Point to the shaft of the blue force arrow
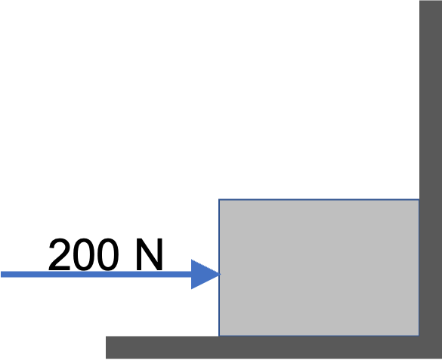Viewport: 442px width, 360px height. point(96,275)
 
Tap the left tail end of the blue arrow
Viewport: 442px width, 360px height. point(1,275)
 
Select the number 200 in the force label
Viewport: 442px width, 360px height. point(83,255)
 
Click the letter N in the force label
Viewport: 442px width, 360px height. point(150,255)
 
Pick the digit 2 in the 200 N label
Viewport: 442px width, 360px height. point(60,254)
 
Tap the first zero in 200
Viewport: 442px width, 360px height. point(83,255)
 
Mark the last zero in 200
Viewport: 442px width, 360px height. point(108,255)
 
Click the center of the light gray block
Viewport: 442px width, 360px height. point(319,268)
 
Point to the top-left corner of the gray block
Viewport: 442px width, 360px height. point(219,199)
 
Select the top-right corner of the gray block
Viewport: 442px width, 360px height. point(419,199)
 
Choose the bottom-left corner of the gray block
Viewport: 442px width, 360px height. point(219,336)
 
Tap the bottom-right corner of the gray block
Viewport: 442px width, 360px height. point(419,336)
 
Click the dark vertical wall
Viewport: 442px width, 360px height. point(431,169)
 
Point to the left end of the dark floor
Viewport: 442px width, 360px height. point(107,348)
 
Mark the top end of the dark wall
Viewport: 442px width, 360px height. point(431,1)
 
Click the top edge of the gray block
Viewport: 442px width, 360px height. point(319,199)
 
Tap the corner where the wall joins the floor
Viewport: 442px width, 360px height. point(419,336)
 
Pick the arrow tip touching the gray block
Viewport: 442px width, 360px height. point(220,274)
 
